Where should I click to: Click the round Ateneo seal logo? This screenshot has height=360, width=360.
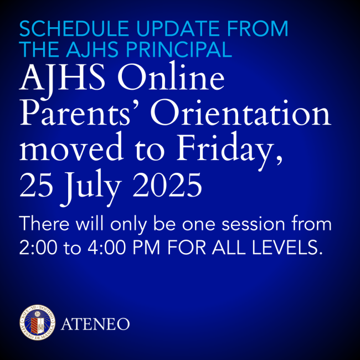(35, 322)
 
